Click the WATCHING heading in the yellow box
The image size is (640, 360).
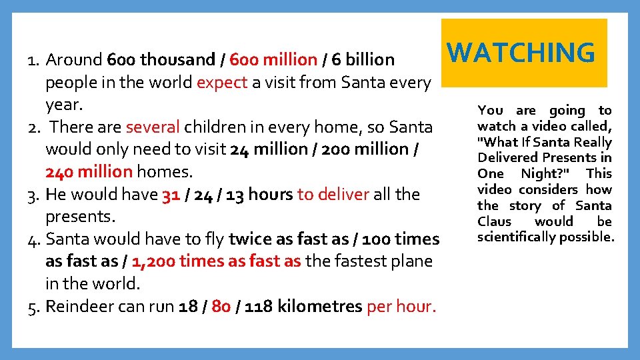521,53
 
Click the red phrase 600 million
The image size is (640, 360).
273,60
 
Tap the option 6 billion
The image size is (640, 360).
363,60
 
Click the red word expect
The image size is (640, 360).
223,83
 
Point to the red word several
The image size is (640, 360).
153,127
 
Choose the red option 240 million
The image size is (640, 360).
89,172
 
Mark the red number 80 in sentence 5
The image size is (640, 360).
221,307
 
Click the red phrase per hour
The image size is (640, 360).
401,307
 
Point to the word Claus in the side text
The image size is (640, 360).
494,221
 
